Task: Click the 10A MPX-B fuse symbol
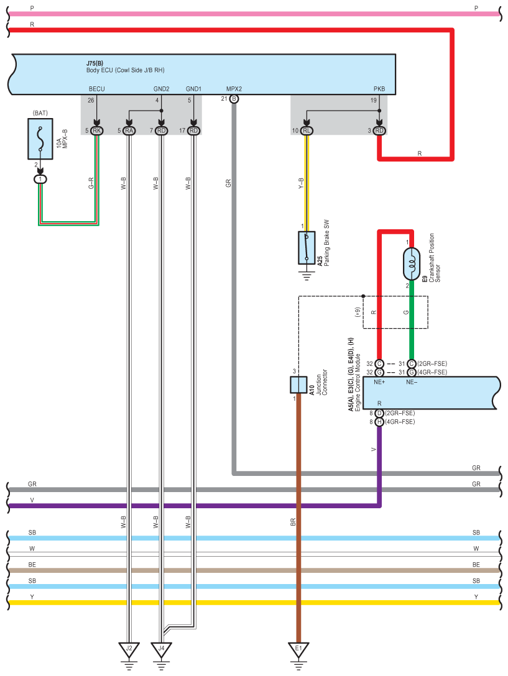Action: click(40, 139)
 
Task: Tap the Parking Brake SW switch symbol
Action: click(307, 247)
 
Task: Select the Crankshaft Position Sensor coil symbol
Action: click(412, 264)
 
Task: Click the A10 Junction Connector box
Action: click(298, 385)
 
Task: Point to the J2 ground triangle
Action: click(129, 649)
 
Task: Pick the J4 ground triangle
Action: click(161, 649)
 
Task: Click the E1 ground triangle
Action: click(298, 649)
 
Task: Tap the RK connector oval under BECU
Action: click(96, 130)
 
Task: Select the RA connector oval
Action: click(129, 130)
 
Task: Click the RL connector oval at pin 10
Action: click(307, 130)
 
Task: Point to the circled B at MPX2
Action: click(234, 99)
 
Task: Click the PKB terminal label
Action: click(379, 89)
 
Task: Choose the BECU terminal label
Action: click(96, 89)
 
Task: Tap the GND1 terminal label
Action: click(193, 89)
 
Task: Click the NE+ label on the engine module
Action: click(379, 382)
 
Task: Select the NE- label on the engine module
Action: click(412, 382)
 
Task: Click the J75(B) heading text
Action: click(95, 63)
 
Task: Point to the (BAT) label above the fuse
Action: click(40, 113)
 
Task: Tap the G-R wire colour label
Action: click(91, 183)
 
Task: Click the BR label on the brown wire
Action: click(293, 522)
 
